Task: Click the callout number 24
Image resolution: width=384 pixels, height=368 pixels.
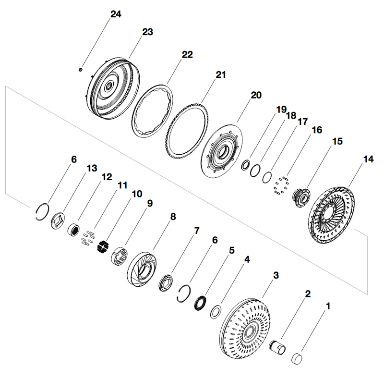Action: [116, 14]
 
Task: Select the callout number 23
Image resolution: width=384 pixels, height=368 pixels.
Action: [148, 32]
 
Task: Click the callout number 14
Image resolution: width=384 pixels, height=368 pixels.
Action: [368, 159]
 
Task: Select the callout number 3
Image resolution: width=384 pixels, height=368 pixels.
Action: [276, 275]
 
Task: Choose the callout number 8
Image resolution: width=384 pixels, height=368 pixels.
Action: [173, 217]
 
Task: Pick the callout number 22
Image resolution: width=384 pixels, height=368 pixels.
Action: [187, 55]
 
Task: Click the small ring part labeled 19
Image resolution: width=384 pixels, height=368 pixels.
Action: [245, 165]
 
